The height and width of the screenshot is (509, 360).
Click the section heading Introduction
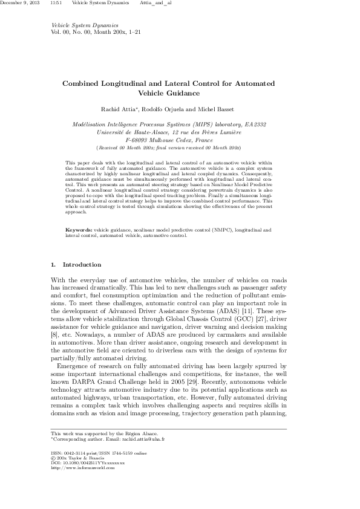(x=82, y=265)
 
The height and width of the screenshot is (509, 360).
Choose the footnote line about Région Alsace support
(x=105, y=433)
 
